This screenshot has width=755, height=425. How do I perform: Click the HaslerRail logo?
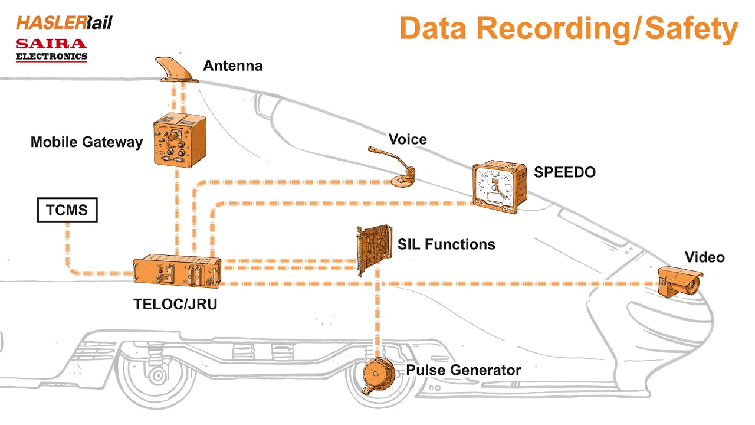(64, 22)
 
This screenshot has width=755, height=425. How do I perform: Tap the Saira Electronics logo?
(51, 50)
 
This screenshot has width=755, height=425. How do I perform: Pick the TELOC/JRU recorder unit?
(177, 272)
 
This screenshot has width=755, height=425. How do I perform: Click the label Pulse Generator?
(463, 370)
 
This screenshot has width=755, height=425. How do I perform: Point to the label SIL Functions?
(446, 244)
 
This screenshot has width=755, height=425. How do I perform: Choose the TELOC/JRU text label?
(172, 305)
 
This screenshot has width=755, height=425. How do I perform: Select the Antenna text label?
(232, 66)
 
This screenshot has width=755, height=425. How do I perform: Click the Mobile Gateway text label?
(86, 142)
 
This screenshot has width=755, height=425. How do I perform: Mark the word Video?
(704, 257)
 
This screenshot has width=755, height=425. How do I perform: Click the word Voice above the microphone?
(407, 139)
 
